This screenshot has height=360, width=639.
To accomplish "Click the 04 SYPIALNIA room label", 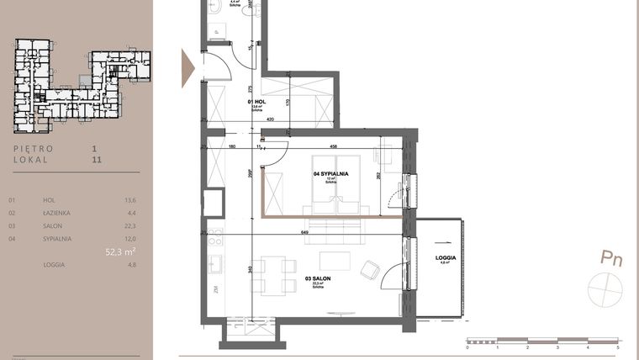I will pos(330,174).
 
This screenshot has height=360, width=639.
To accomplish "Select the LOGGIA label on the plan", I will pos(446,257).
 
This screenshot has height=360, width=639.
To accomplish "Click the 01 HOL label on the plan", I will pos(256,103).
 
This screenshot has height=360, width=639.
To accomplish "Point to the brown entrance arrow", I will pos(188,63).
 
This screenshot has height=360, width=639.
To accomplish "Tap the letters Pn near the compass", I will pos(610,259).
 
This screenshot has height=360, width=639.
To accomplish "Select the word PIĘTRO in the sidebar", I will pos(34,148).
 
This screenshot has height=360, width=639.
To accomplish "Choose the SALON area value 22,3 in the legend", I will pos(130,225).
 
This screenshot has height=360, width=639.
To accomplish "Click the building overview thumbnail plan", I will pos(82,85).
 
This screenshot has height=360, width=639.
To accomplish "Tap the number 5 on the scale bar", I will pos(618,347).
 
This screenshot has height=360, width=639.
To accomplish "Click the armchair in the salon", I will pos(369,270).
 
